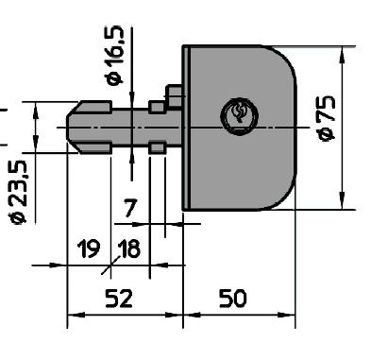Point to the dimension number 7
pyautogui.click(x=131, y=207)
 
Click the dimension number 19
pyautogui.click(x=88, y=249)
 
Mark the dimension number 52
pyautogui.click(x=118, y=298)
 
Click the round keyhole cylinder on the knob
pyautogui.click(x=236, y=115)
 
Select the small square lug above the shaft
pyautogui.click(x=174, y=94)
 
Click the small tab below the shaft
pyautogui.click(x=158, y=146)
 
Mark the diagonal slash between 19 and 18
pyautogui.click(x=108, y=260)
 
